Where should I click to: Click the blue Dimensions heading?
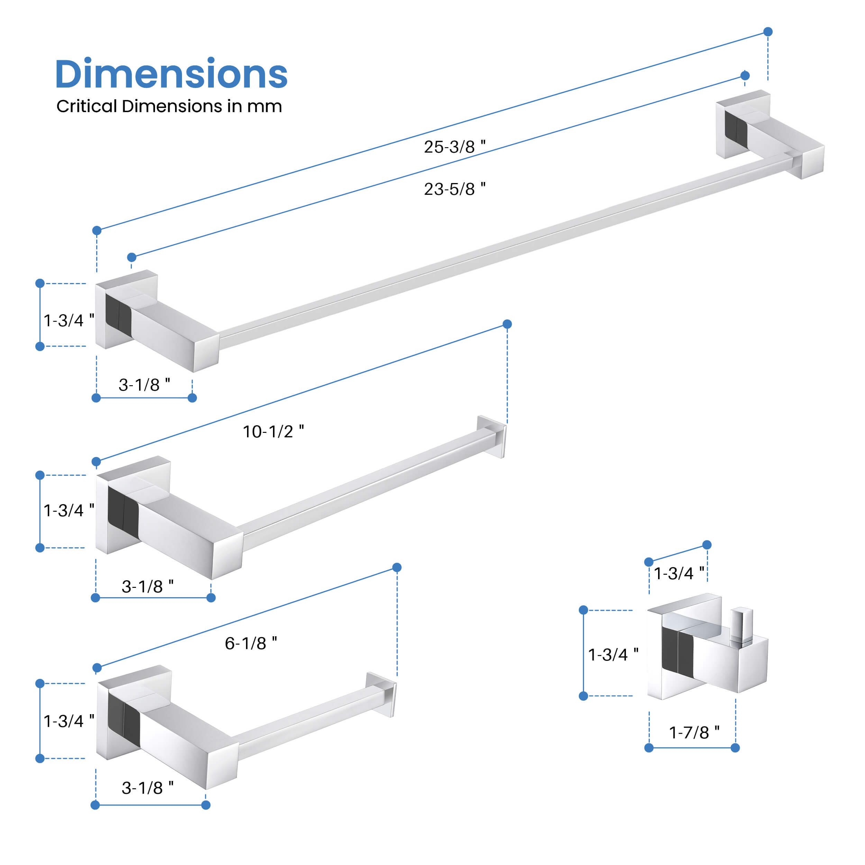coord(171,74)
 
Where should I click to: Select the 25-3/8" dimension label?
coord(454,147)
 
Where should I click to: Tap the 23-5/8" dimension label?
coord(454,189)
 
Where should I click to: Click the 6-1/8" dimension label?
coord(251,643)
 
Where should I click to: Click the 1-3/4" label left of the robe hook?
coord(613,655)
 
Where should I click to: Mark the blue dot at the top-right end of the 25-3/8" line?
coord(768,32)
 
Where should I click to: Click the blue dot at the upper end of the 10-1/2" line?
coord(507,324)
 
